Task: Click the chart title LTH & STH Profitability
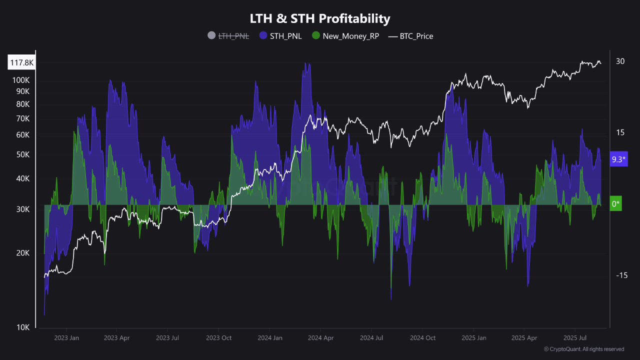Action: coord(320,19)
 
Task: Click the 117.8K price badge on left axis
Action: coord(21,62)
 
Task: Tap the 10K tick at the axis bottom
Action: coord(23,327)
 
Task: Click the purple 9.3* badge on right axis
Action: coord(619,159)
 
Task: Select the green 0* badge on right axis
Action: coord(616,204)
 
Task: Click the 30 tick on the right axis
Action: coord(620,61)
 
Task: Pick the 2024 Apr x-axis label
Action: coord(320,338)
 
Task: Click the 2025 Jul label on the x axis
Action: coord(574,338)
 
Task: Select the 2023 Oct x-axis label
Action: coord(219,338)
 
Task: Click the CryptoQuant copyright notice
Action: coord(583,349)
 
